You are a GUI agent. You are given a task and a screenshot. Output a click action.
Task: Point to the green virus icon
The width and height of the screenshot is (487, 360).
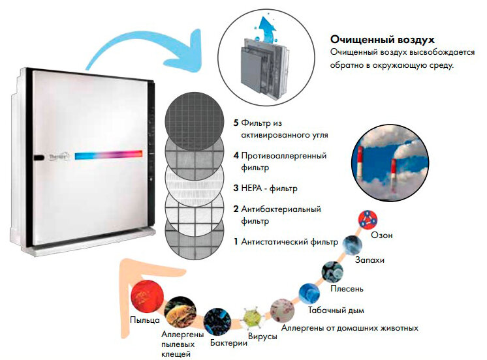[252, 318]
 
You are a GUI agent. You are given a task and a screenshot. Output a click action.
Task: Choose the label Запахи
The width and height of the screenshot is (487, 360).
[369, 260]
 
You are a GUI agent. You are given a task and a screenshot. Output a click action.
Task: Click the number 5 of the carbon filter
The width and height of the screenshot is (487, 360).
[236, 123]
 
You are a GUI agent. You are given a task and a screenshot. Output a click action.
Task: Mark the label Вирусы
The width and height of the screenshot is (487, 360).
[262, 337]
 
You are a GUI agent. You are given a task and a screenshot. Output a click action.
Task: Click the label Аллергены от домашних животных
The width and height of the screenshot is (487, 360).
[349, 327]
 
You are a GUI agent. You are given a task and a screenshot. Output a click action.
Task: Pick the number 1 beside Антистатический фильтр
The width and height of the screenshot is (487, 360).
[236, 242]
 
